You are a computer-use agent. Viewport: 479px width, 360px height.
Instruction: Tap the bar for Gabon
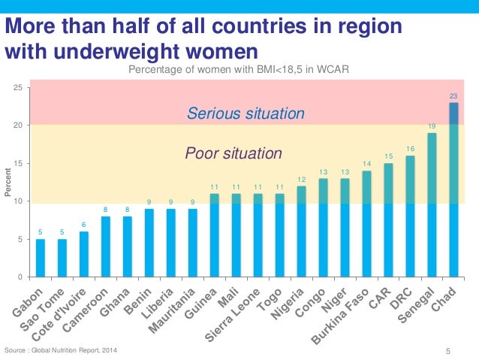[x=41, y=258]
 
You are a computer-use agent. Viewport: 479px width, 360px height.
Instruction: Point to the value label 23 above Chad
[x=453, y=95]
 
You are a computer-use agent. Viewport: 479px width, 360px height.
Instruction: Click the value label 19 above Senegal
[x=432, y=126]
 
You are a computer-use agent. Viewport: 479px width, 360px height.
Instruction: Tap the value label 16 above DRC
[x=410, y=149]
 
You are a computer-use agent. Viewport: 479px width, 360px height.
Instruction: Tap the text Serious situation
[x=246, y=114]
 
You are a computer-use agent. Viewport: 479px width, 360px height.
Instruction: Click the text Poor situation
[x=233, y=154]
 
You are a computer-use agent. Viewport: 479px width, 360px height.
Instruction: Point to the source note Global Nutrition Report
[x=61, y=351]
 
